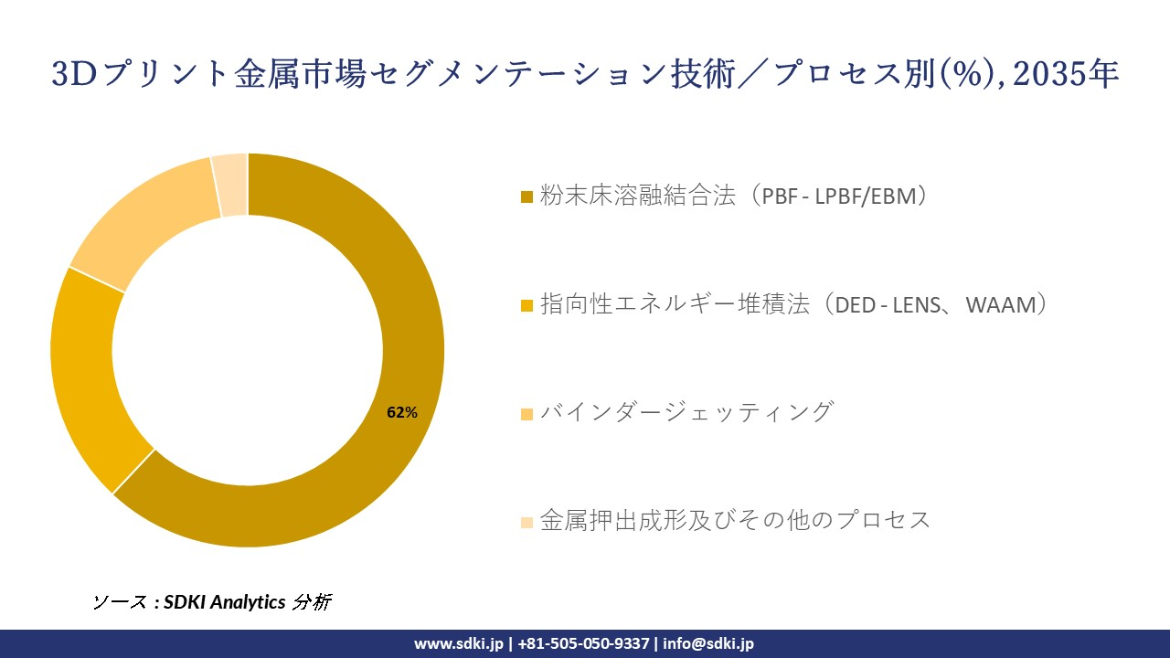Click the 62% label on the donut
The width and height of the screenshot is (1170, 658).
[402, 412]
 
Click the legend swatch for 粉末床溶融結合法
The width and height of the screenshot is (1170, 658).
[526, 197]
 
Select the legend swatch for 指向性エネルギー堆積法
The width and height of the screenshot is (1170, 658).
[526, 306]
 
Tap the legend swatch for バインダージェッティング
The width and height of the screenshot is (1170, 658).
[526, 414]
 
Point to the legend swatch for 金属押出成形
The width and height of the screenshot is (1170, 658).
[526, 522]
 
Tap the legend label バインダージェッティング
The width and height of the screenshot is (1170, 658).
[686, 412]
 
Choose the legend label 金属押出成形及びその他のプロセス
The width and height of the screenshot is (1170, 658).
[736, 520]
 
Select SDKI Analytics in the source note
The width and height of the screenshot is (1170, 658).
[225, 602]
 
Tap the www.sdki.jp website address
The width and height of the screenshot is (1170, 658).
[459, 643]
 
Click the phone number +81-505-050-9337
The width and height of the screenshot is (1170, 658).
[584, 643]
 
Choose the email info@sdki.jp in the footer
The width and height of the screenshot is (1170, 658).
[708, 643]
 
